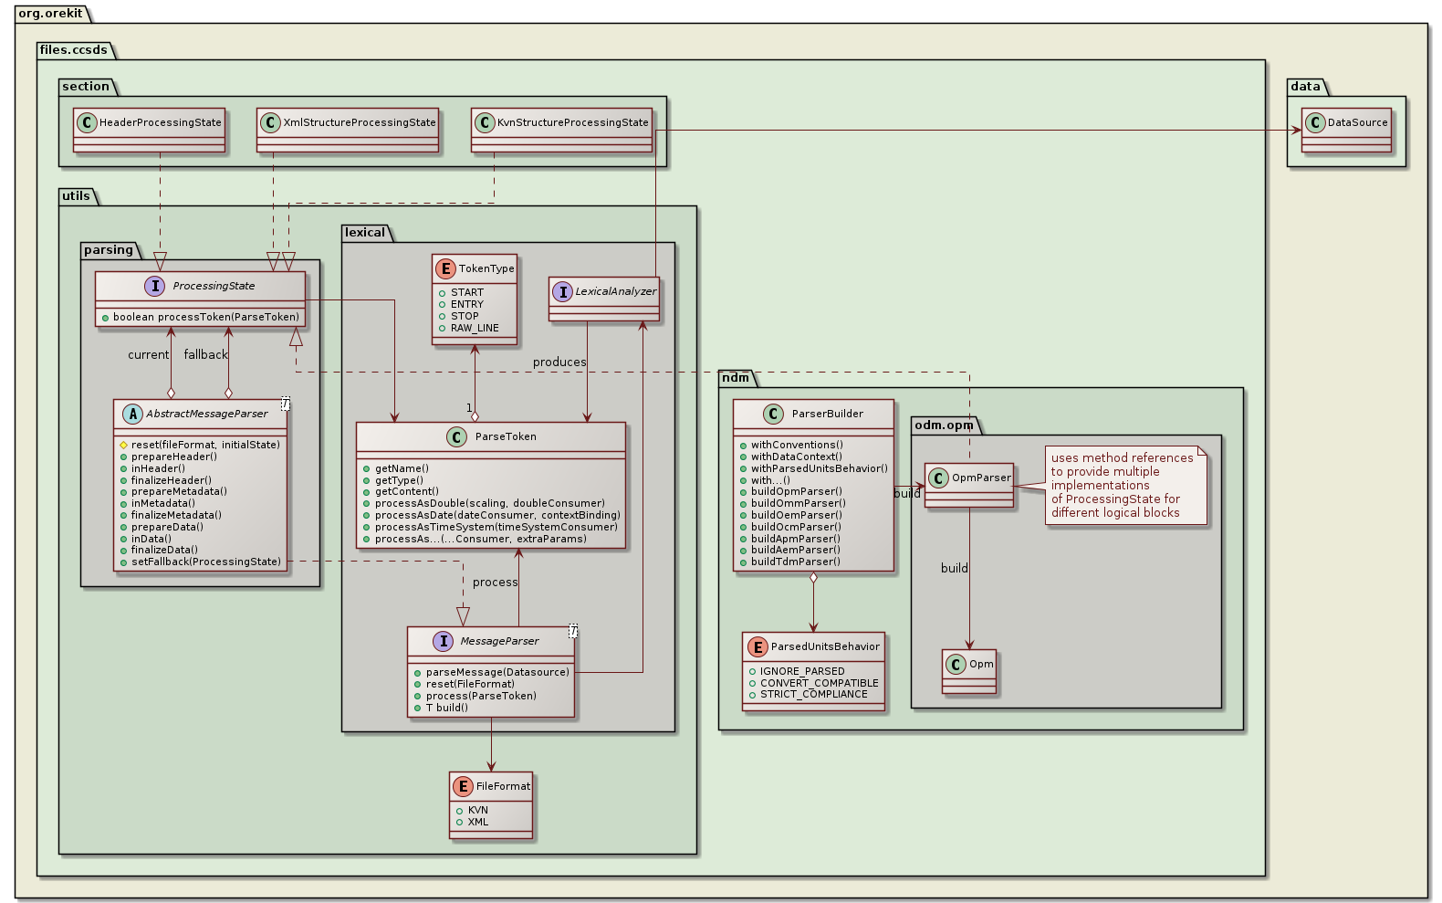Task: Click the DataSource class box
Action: (x=1346, y=130)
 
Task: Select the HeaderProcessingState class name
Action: (x=160, y=122)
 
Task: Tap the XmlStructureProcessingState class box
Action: (x=348, y=130)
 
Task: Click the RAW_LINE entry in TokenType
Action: (x=475, y=328)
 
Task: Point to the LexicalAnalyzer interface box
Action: (x=604, y=299)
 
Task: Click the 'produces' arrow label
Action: (x=559, y=362)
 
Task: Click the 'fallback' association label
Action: (x=205, y=354)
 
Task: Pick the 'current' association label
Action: (x=148, y=354)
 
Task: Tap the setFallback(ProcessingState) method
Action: (x=206, y=562)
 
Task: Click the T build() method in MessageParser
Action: (x=446, y=708)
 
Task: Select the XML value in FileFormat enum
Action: (x=478, y=822)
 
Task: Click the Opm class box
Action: (x=969, y=671)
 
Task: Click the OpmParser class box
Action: (x=969, y=485)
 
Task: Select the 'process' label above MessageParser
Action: (x=495, y=582)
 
